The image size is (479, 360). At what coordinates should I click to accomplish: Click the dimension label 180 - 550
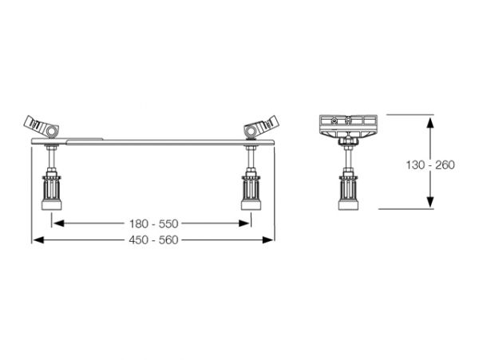[x=153, y=224]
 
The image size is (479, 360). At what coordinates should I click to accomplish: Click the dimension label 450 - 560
[x=153, y=240]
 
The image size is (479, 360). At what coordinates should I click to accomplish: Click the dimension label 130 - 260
[x=430, y=165]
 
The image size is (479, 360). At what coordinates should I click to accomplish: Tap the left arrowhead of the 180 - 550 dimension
[x=58, y=224]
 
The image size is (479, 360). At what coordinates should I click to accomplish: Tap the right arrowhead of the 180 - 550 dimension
[x=244, y=224]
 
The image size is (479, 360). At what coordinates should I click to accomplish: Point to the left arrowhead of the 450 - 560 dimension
[x=38, y=240]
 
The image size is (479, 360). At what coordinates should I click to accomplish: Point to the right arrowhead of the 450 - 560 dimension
[x=267, y=240]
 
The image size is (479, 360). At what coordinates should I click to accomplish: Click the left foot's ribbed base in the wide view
[x=51, y=192]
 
